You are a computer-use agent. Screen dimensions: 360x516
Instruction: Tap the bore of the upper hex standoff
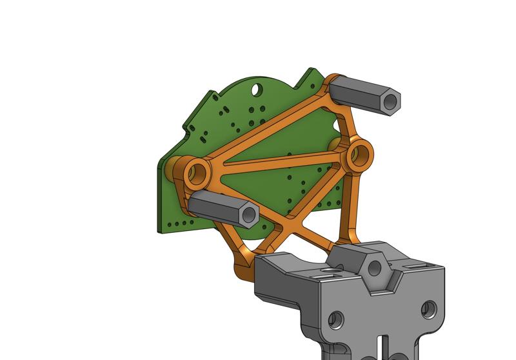(390, 101)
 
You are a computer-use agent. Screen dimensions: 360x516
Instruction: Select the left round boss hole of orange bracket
(199, 172)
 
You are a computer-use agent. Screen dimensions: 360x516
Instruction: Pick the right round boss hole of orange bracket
(361, 154)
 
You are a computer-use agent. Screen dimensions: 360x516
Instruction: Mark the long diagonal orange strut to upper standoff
(271, 126)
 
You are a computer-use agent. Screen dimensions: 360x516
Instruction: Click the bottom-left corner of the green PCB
(160, 229)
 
